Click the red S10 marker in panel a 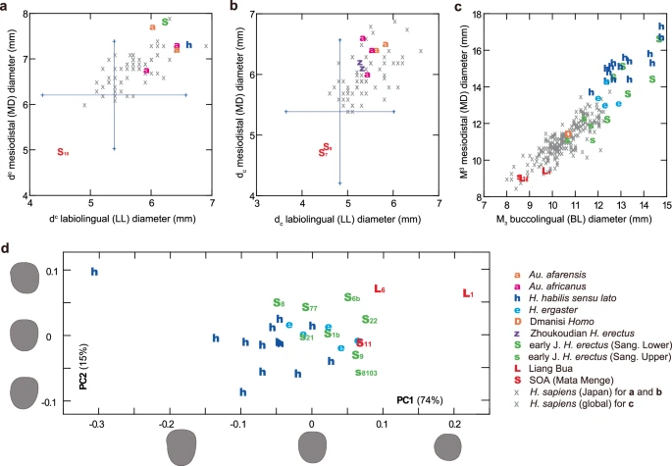coord(62,152)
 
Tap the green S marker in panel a coord(164,21)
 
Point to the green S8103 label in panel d coord(364,372)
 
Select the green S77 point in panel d coord(309,308)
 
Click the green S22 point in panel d coord(370,320)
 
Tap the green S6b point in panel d coord(352,297)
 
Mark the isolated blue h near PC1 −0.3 coord(95,272)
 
